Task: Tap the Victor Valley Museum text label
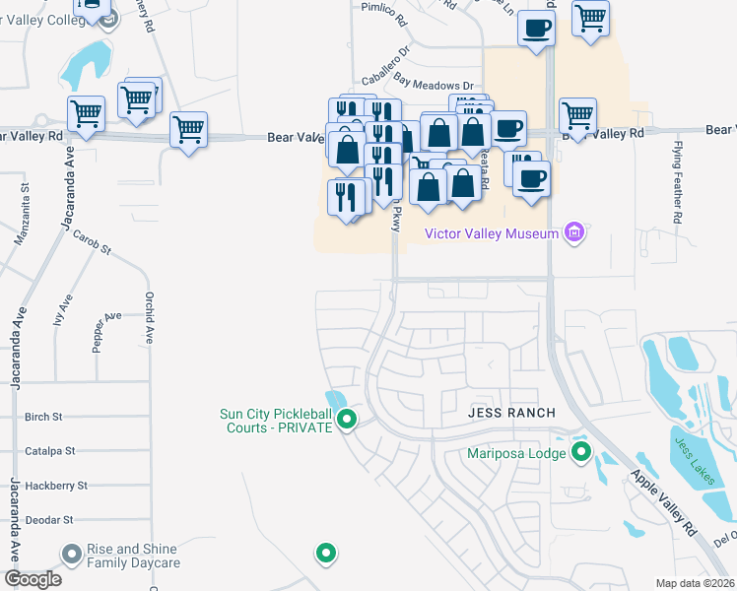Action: click(491, 233)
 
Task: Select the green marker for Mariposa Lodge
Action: click(581, 453)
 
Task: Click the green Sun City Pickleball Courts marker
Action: click(346, 421)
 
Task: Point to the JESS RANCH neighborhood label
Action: click(511, 412)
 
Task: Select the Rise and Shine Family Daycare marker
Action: click(71, 556)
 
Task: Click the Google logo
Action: click(33, 579)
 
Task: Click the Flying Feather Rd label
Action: click(678, 183)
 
